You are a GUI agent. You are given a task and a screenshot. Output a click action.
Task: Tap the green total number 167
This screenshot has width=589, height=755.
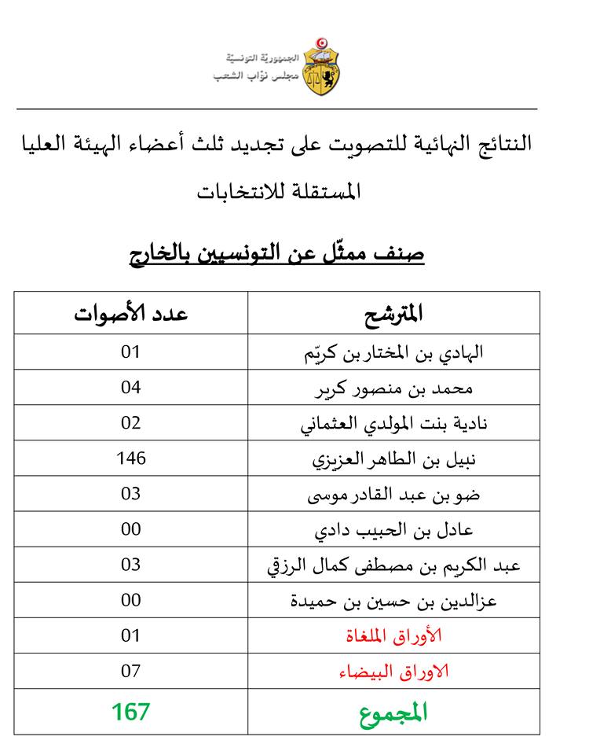(130, 713)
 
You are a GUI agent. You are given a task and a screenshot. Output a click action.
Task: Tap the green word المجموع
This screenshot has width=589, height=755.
(393, 713)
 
